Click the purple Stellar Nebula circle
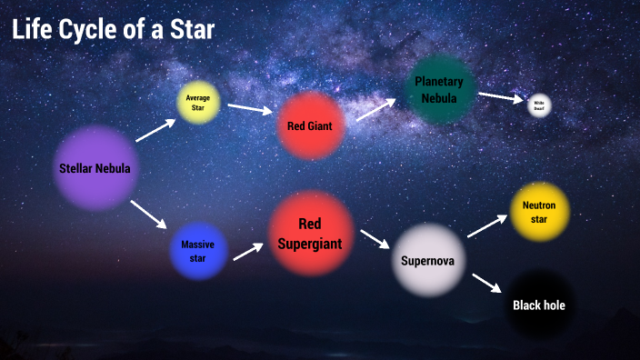[x=95, y=168]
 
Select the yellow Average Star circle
[x=198, y=103]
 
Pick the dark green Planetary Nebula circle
[x=439, y=89]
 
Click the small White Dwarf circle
[x=539, y=105]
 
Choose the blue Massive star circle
[x=197, y=251]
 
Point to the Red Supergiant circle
[x=311, y=232]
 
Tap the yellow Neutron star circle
[x=539, y=212]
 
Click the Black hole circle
[x=539, y=305]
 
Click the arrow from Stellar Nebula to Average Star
[x=155, y=130]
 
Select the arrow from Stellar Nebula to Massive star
[x=149, y=215]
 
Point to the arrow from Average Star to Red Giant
[x=250, y=109]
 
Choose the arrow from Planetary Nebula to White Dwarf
[x=501, y=96]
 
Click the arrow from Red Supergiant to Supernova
[x=375, y=239]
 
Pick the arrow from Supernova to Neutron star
[x=487, y=226]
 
